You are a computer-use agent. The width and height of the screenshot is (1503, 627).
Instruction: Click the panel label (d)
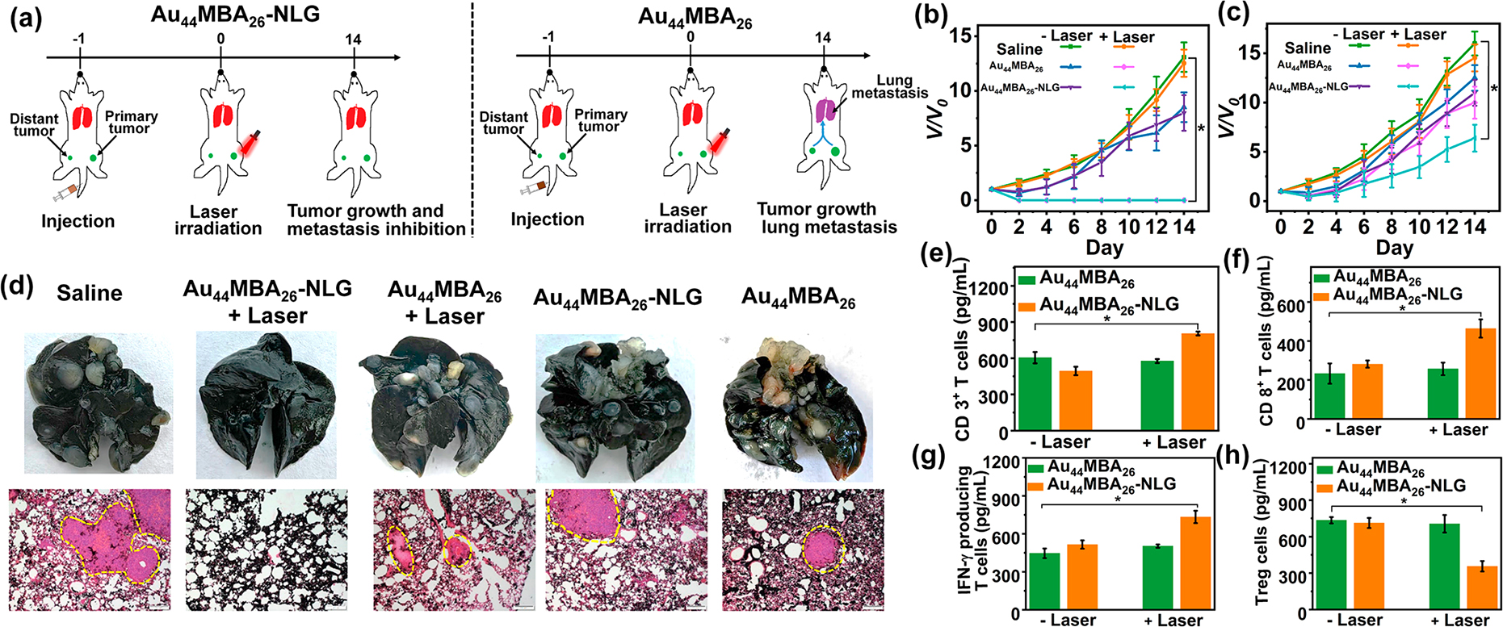pos(22,288)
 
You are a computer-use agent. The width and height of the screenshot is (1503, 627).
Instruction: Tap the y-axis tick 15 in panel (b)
pos(959,35)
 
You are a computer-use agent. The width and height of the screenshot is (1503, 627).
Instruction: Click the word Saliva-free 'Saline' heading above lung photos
pos(90,292)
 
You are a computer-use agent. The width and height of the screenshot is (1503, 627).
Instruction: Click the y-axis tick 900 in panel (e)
pos(997,324)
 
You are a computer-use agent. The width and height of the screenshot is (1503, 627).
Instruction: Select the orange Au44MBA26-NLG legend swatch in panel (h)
pos(1325,487)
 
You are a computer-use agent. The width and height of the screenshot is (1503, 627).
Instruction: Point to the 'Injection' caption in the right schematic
pos(547,219)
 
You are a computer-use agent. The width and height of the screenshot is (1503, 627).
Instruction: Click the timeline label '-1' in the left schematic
pos(80,39)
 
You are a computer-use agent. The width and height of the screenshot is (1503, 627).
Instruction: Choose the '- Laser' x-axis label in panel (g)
pos(1068,620)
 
